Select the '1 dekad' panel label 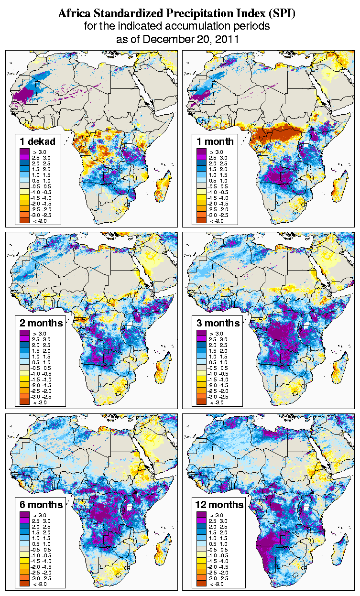[x=38, y=141]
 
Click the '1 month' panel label [x=215, y=141]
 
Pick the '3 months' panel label [x=218, y=323]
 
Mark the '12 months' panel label [x=219, y=505]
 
